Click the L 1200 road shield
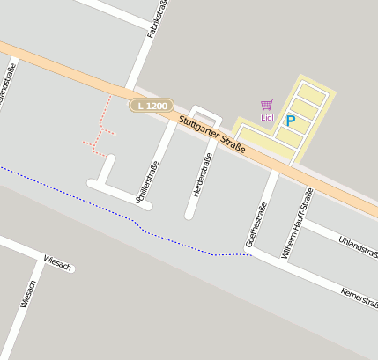tap(152, 105)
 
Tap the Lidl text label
tap(267, 118)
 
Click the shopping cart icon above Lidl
tap(266, 106)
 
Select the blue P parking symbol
tap(290, 121)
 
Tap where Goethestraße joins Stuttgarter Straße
tap(274, 167)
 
